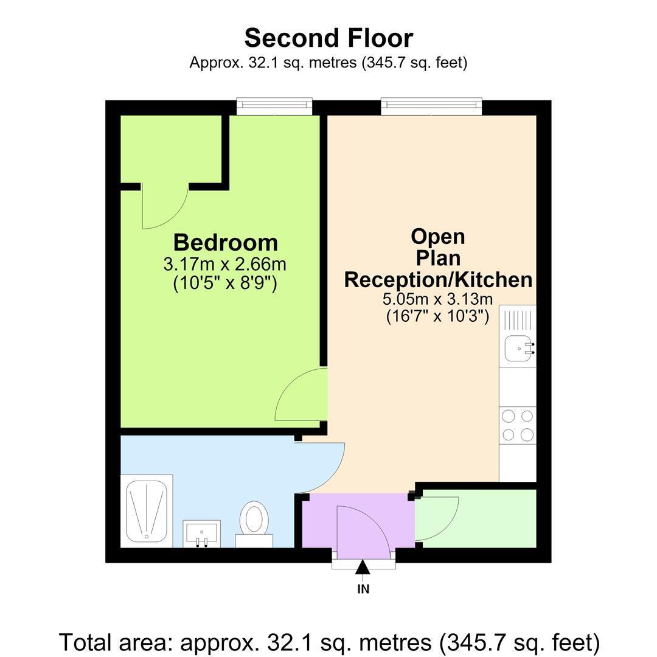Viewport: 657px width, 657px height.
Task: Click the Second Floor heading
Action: pos(329,38)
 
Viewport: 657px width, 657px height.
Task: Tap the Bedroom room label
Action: pos(226,243)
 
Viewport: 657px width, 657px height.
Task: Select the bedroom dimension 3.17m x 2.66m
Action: pos(224,265)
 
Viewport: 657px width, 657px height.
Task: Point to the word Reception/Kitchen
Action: pos(438,280)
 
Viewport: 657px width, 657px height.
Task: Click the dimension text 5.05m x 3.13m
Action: pos(437,299)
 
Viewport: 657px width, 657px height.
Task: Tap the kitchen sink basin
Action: pos(520,349)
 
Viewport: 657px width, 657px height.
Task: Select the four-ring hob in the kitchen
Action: pos(518,425)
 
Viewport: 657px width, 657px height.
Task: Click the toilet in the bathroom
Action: pos(254,524)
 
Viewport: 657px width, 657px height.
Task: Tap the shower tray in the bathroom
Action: pos(147,511)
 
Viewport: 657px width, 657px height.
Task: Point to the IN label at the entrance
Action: pos(363,589)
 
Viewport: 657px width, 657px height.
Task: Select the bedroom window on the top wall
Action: pos(274,106)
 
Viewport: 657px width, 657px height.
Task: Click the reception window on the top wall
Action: pos(431,106)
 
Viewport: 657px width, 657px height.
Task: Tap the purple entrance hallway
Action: pos(358,521)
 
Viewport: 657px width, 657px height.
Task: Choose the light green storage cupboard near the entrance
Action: pos(476,519)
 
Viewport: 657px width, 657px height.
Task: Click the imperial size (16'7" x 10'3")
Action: pos(437,316)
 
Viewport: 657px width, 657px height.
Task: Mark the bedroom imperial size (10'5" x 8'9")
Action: pos(225,283)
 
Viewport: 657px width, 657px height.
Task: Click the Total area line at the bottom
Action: pos(329,642)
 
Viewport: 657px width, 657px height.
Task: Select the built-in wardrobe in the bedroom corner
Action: pos(171,149)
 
